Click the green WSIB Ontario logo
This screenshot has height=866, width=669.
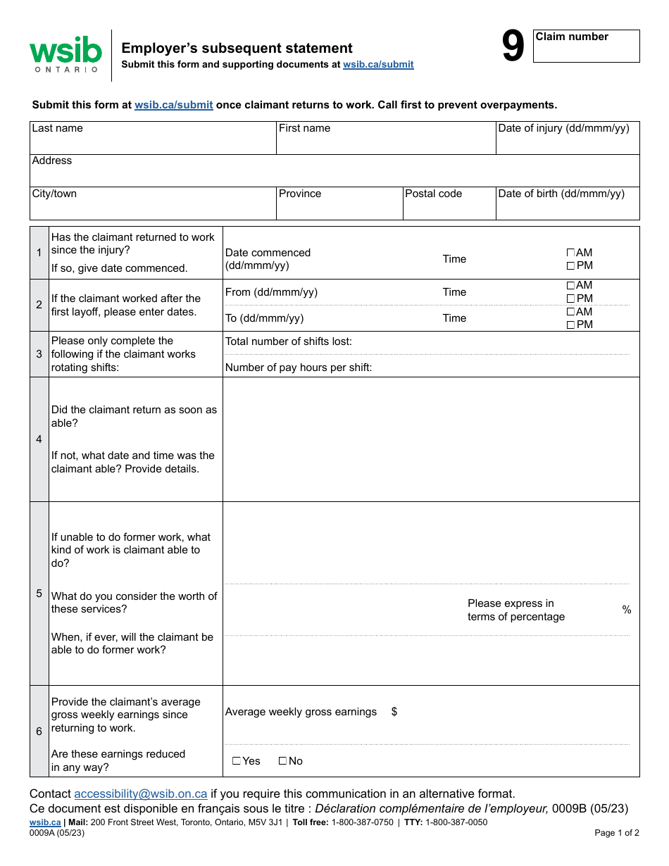click(x=65, y=54)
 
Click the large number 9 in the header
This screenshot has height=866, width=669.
click(x=513, y=48)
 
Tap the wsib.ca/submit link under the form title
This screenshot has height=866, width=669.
click(x=378, y=65)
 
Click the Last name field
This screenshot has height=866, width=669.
click(x=153, y=142)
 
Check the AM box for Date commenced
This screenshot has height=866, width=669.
click(x=570, y=253)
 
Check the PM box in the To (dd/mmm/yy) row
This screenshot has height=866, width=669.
click(x=570, y=325)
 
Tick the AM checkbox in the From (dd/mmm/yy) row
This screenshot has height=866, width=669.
click(x=570, y=285)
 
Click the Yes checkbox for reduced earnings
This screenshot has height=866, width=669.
click(x=237, y=761)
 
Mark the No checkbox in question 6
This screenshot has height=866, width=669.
click(x=282, y=761)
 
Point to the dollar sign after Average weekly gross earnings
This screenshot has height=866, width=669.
click(x=394, y=712)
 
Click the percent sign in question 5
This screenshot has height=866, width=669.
click(x=627, y=610)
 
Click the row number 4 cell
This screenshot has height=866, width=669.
click(x=39, y=439)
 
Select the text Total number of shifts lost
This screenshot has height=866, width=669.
click(x=289, y=341)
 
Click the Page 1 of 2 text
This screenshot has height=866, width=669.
click(x=617, y=833)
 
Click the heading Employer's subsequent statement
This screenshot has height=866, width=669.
click(x=237, y=48)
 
